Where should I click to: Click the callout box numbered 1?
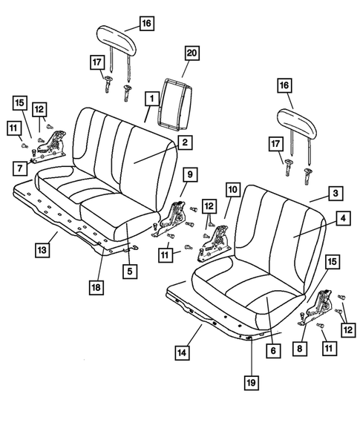tap(151, 97)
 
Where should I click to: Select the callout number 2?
tap(185, 141)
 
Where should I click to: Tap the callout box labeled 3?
tap(336, 194)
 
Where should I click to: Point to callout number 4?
tap(342, 219)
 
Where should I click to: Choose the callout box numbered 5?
tap(129, 272)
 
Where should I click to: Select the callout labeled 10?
tap(232, 191)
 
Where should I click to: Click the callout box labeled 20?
tap(192, 53)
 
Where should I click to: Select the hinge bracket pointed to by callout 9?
tap(176, 216)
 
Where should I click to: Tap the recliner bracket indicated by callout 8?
tap(324, 308)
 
